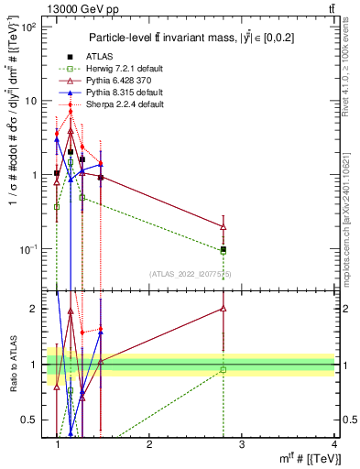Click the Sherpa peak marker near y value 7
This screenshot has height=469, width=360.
pyautogui.click(x=71, y=113)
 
